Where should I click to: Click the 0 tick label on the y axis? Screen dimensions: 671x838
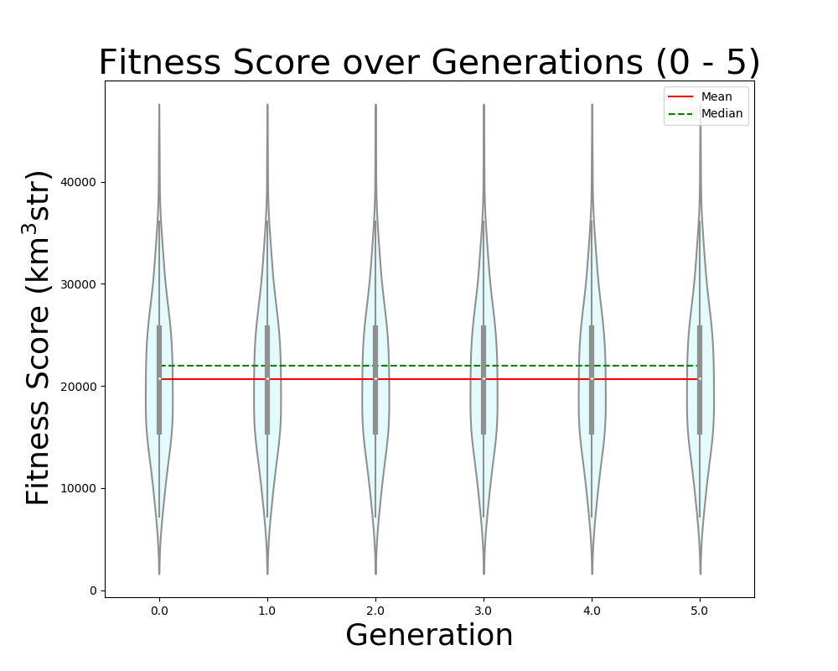[x=93, y=590]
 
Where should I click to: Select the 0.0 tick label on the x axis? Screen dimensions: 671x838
[x=159, y=611]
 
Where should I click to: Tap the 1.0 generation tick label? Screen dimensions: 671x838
[x=267, y=611]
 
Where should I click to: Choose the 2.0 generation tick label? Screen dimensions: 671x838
[x=375, y=611]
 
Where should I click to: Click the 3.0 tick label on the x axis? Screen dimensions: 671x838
[x=484, y=611]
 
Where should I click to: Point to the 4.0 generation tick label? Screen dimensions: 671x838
[x=592, y=611]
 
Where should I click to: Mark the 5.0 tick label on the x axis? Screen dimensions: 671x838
[x=700, y=611]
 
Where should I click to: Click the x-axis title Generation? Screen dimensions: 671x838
[x=429, y=636]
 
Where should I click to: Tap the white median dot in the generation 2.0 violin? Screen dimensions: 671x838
[x=375, y=379]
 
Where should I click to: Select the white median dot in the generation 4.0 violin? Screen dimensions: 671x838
[x=592, y=379]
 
